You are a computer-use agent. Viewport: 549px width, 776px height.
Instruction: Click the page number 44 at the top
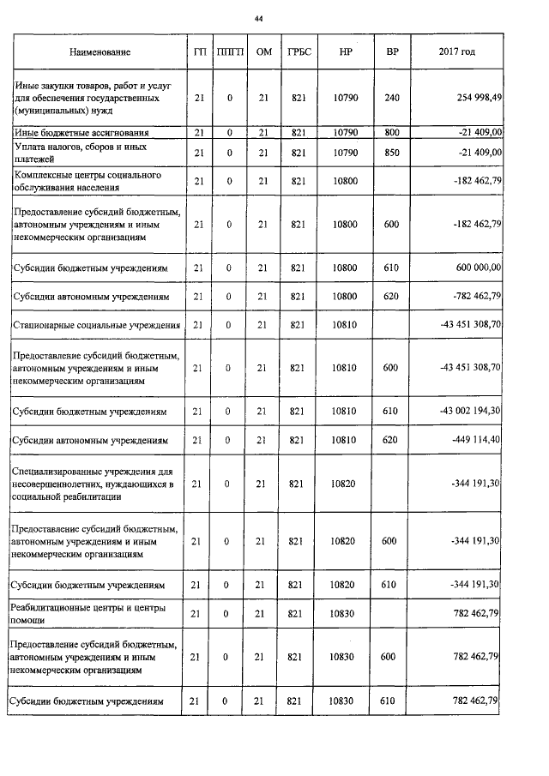(x=258, y=18)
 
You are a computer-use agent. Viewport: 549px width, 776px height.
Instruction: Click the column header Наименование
(x=100, y=52)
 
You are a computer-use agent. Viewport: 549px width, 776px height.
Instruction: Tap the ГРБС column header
(x=299, y=52)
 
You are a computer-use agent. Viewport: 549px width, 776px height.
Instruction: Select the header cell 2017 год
(x=456, y=52)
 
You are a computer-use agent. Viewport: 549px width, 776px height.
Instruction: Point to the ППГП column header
(x=230, y=52)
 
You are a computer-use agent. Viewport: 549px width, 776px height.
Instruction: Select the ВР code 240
(x=392, y=98)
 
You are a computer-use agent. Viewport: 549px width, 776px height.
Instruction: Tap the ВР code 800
(x=392, y=133)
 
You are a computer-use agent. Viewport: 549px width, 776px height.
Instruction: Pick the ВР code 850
(x=392, y=153)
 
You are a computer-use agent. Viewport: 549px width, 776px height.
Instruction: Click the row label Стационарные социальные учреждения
(x=96, y=325)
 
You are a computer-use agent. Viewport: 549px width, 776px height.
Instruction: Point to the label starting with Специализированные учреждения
(x=94, y=484)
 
